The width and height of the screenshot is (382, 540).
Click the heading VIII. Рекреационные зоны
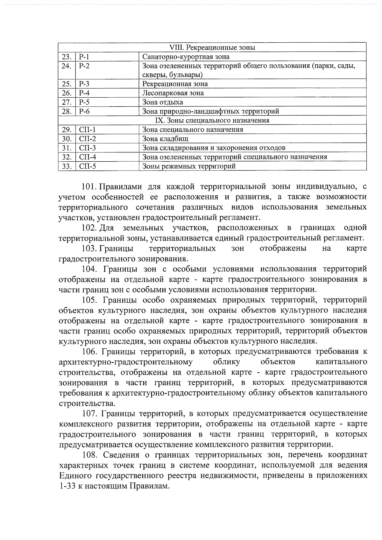212,48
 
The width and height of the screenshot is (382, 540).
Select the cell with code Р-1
84,57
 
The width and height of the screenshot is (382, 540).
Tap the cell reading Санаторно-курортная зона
186,57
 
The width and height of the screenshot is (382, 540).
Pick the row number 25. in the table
67,84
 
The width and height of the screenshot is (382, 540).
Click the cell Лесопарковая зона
173,93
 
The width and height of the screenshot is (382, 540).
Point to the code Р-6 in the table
84,111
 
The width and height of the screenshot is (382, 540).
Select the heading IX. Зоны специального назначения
212,121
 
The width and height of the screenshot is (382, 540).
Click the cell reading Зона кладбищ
165,139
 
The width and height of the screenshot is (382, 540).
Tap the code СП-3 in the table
88,148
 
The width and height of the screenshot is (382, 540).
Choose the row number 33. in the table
67,166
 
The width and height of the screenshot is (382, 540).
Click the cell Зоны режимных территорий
189,166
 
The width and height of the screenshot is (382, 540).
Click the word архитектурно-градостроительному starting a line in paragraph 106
126,362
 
